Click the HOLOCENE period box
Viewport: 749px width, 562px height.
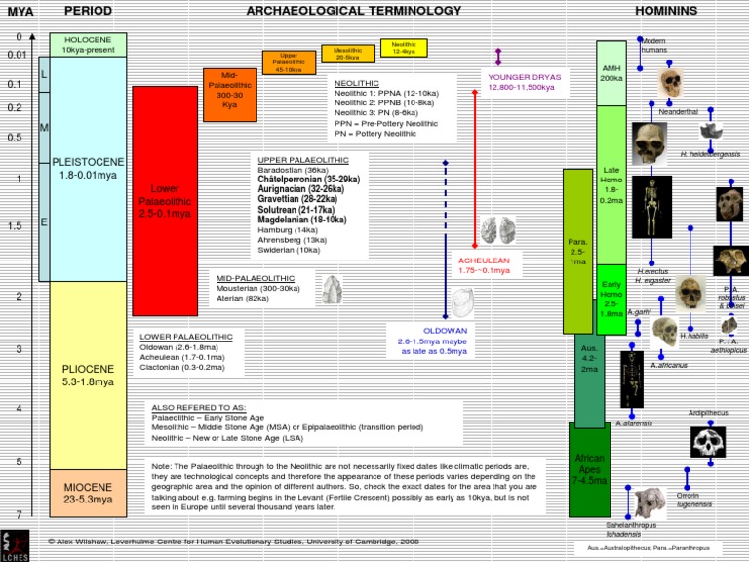tap(89, 45)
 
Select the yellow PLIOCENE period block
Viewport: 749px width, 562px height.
tap(89, 376)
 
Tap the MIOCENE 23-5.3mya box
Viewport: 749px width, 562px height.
tap(89, 492)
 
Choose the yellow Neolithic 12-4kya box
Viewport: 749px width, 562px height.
tap(403, 48)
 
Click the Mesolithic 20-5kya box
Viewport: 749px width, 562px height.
tap(347, 54)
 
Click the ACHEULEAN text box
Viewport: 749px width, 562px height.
tap(485, 264)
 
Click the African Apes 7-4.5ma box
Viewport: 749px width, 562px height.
tap(589, 468)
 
